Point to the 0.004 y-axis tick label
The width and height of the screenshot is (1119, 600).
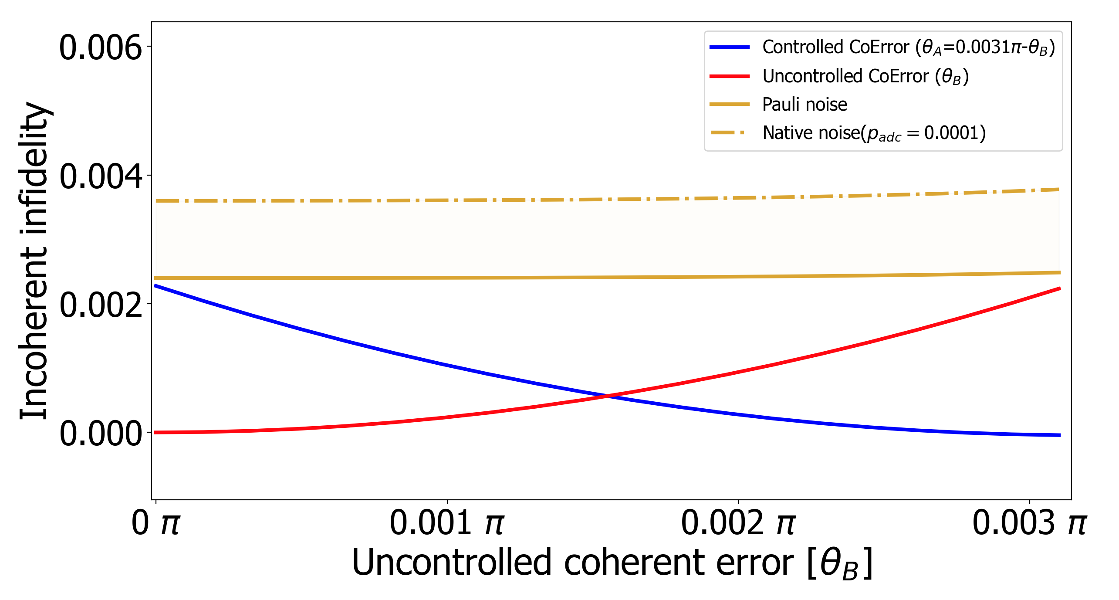(101, 176)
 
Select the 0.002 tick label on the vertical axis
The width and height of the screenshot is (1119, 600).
(101, 305)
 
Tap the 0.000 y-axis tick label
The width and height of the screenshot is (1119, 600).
(101, 434)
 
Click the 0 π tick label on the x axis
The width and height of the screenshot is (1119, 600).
(156, 522)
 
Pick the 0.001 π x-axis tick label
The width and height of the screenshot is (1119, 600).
(447, 522)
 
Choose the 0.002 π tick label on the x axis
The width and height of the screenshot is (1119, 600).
(738, 522)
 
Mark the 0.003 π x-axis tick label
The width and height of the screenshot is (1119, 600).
(1030, 522)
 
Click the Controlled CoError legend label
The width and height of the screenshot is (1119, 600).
(908, 47)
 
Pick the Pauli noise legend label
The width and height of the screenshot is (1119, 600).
(805, 105)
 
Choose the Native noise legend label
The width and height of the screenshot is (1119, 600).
(874, 133)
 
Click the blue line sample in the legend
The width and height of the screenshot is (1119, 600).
(730, 47)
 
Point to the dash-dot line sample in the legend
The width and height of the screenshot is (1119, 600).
(730, 132)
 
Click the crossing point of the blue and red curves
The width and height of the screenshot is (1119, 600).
(608, 396)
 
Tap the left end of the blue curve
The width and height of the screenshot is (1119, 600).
(156, 286)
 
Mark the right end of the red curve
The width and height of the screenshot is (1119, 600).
(1059, 288)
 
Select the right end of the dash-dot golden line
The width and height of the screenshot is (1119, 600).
(1059, 190)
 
